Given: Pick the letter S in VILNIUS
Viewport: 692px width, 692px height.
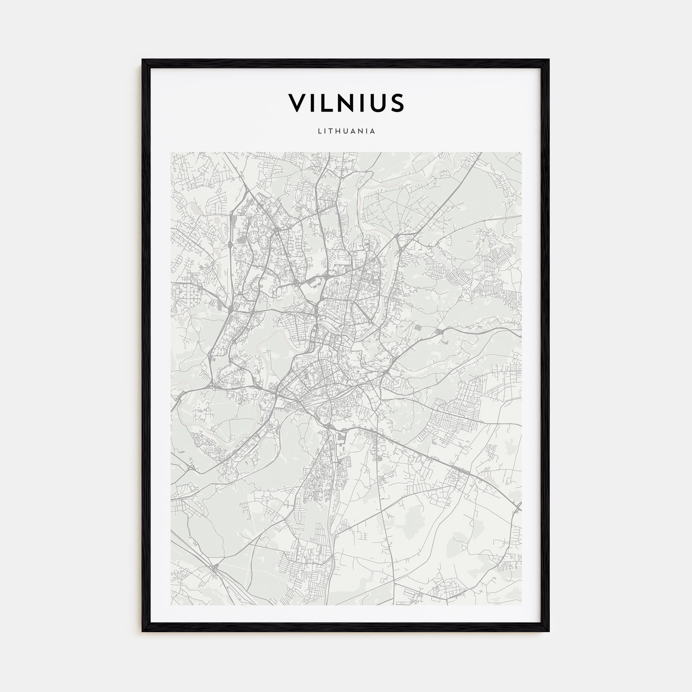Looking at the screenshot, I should (398, 103).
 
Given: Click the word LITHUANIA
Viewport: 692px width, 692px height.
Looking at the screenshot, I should (346, 131).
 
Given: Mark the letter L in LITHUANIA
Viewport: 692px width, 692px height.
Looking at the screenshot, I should (319, 131).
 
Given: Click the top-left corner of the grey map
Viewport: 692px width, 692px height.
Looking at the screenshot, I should (171, 152).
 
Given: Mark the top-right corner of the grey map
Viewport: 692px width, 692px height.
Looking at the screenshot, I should (521, 152).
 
